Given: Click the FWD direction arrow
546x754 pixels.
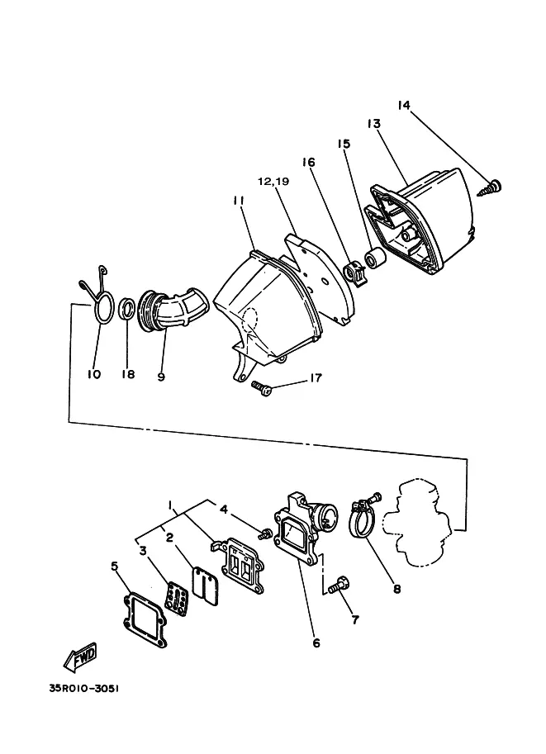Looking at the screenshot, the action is point(80,657).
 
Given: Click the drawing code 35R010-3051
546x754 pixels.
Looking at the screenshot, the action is point(83,688).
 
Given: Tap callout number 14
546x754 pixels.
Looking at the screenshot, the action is point(404,105).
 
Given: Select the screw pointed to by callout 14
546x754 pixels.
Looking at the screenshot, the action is point(490,188).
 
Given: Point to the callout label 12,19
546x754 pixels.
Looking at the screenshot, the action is point(273,182).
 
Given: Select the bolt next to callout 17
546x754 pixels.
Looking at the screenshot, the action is point(262,387).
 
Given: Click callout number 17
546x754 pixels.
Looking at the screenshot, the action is point(315,378).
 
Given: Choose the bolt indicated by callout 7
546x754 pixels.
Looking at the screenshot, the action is point(339,586).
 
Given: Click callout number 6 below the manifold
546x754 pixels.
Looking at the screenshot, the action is point(316,643).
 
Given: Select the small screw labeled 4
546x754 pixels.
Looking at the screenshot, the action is point(264,533).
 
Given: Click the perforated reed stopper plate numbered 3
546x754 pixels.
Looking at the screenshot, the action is point(177,598).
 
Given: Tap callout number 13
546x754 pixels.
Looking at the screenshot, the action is point(374,124).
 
